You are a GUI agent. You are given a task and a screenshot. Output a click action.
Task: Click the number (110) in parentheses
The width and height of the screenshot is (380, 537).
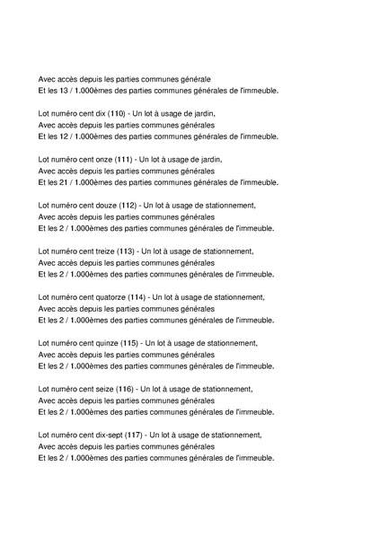(x=117, y=113)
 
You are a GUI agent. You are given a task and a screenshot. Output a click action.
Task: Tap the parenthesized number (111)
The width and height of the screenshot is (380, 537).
(x=123, y=159)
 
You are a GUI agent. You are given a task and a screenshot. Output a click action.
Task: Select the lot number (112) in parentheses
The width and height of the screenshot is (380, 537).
(x=128, y=205)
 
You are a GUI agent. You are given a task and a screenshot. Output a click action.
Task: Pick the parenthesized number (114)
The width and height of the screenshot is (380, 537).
(x=137, y=296)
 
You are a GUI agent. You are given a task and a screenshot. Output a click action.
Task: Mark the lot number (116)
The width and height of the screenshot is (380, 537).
(x=126, y=388)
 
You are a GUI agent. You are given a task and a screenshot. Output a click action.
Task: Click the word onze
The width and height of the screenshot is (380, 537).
(x=103, y=159)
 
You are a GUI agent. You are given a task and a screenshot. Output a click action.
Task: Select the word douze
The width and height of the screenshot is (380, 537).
(x=105, y=205)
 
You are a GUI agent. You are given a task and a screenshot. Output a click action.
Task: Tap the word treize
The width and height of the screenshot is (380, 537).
(x=104, y=251)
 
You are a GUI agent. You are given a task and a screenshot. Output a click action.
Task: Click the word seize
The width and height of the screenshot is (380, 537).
(x=103, y=388)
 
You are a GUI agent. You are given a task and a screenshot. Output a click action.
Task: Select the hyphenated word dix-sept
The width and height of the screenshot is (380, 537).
(x=107, y=434)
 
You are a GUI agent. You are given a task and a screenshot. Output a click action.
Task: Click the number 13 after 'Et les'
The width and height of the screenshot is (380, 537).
(x=63, y=91)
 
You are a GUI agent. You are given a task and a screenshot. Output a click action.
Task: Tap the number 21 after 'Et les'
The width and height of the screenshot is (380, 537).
(x=63, y=182)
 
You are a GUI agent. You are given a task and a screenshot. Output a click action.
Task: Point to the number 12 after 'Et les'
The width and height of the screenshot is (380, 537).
(x=63, y=136)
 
